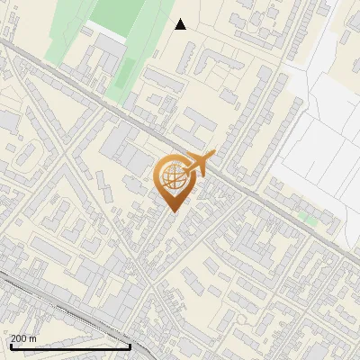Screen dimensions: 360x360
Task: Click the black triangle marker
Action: pyautogui.click(x=181, y=24)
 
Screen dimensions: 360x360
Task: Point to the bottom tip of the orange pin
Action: pyautogui.click(x=173, y=211)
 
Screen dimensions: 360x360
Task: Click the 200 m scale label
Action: pyautogui.click(x=23, y=338)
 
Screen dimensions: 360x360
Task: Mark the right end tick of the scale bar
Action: pyautogui.click(x=130, y=345)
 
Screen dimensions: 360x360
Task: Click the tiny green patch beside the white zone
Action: pyautogui.click(x=309, y=219)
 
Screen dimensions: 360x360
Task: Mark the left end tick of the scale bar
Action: pyautogui.click(x=11, y=345)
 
